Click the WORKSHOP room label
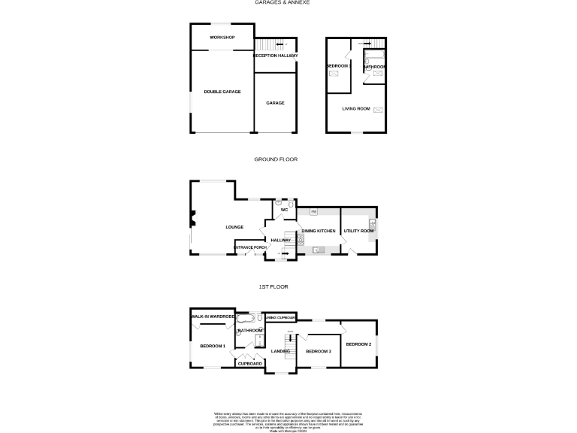click(222, 37)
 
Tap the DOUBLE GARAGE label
click(222, 92)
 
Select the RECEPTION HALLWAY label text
click(275, 56)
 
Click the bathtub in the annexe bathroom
click(373, 56)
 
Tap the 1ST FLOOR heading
click(274, 286)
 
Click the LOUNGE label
click(234, 226)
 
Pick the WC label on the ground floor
click(285, 210)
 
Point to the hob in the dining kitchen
click(301, 240)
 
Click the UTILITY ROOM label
click(358, 231)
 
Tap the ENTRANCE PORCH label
click(250, 247)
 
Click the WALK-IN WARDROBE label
click(213, 316)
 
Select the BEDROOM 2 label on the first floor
click(358, 344)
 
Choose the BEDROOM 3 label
click(319, 351)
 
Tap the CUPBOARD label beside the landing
click(249, 364)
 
